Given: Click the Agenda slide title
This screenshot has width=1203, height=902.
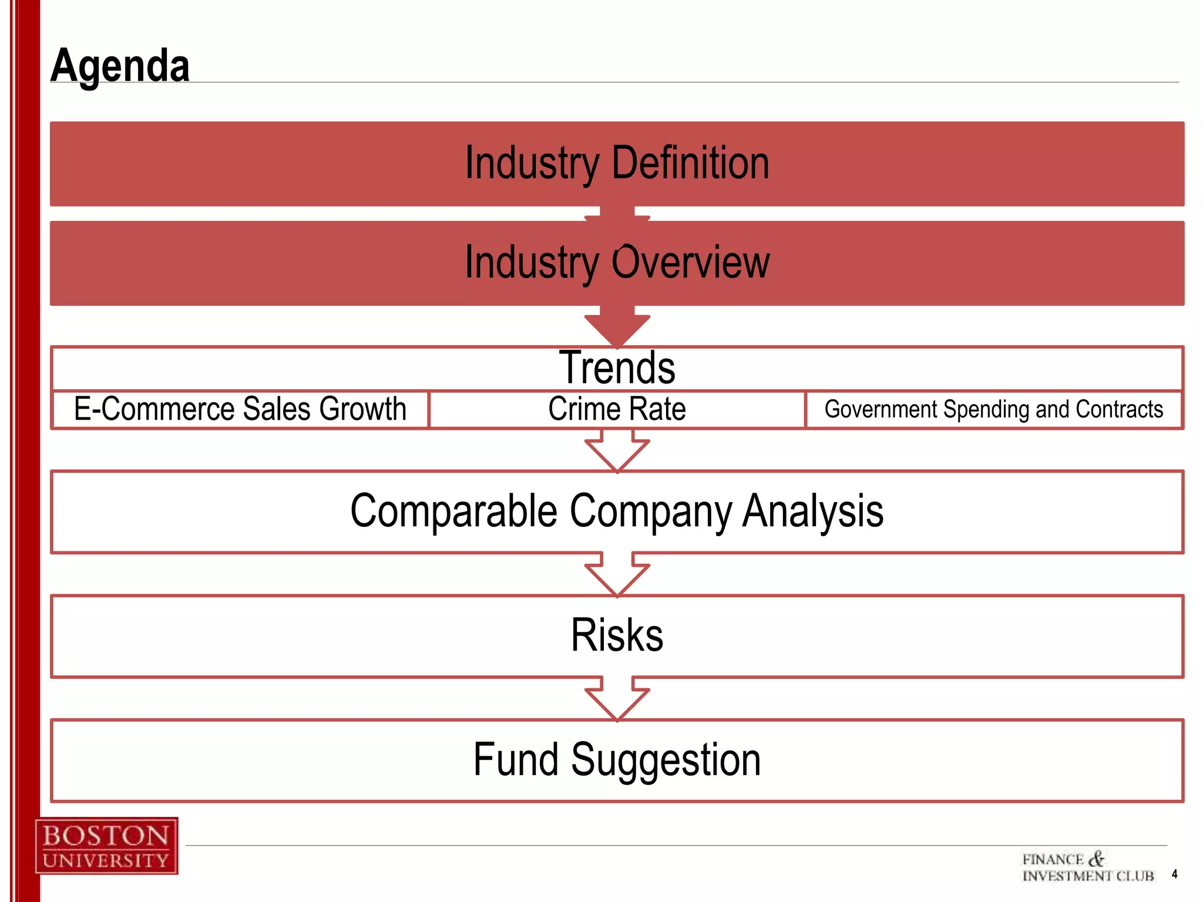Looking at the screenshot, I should click(120, 66).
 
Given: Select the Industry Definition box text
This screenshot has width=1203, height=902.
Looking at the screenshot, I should click(617, 163).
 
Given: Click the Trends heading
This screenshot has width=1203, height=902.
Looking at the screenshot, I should click(617, 368).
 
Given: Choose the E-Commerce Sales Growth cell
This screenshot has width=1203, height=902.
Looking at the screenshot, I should click(240, 409).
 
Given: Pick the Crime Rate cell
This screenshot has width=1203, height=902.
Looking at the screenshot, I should click(617, 409).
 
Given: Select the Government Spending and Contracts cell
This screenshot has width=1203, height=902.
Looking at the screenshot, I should click(993, 409).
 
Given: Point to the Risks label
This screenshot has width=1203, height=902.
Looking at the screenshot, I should click(617, 636).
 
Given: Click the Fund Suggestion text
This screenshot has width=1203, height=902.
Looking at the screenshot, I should click(617, 760).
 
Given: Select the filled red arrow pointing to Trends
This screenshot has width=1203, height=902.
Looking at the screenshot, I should click(617, 327).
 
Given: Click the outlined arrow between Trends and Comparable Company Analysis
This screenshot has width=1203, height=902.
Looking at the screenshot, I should click(617, 451).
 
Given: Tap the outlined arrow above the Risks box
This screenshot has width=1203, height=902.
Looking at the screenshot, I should click(617, 575).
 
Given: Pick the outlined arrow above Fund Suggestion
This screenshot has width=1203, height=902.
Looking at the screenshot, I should click(617, 700).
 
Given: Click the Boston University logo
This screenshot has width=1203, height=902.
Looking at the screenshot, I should click(106, 846).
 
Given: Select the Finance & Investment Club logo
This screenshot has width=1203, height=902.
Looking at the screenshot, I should click(1088, 867).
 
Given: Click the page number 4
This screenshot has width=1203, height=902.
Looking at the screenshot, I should click(1174, 874).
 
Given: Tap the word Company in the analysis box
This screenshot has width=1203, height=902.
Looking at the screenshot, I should click(651, 511).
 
